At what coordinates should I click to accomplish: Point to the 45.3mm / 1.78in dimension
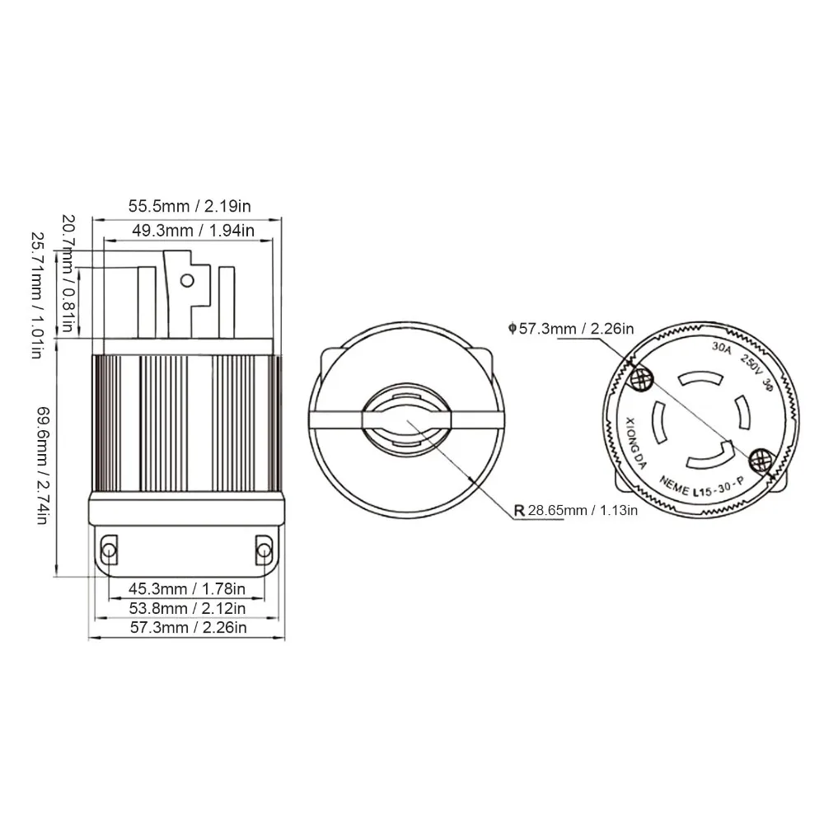(x=187, y=588)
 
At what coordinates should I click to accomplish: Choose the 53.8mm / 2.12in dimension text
(x=187, y=608)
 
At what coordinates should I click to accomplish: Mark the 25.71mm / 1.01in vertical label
(x=36, y=294)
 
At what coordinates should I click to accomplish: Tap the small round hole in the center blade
(x=187, y=281)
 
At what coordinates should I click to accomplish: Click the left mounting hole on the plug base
(x=108, y=549)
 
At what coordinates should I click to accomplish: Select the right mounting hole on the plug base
(x=264, y=549)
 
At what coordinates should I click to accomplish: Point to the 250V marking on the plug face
(x=751, y=361)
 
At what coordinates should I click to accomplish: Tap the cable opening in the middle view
(x=406, y=421)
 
